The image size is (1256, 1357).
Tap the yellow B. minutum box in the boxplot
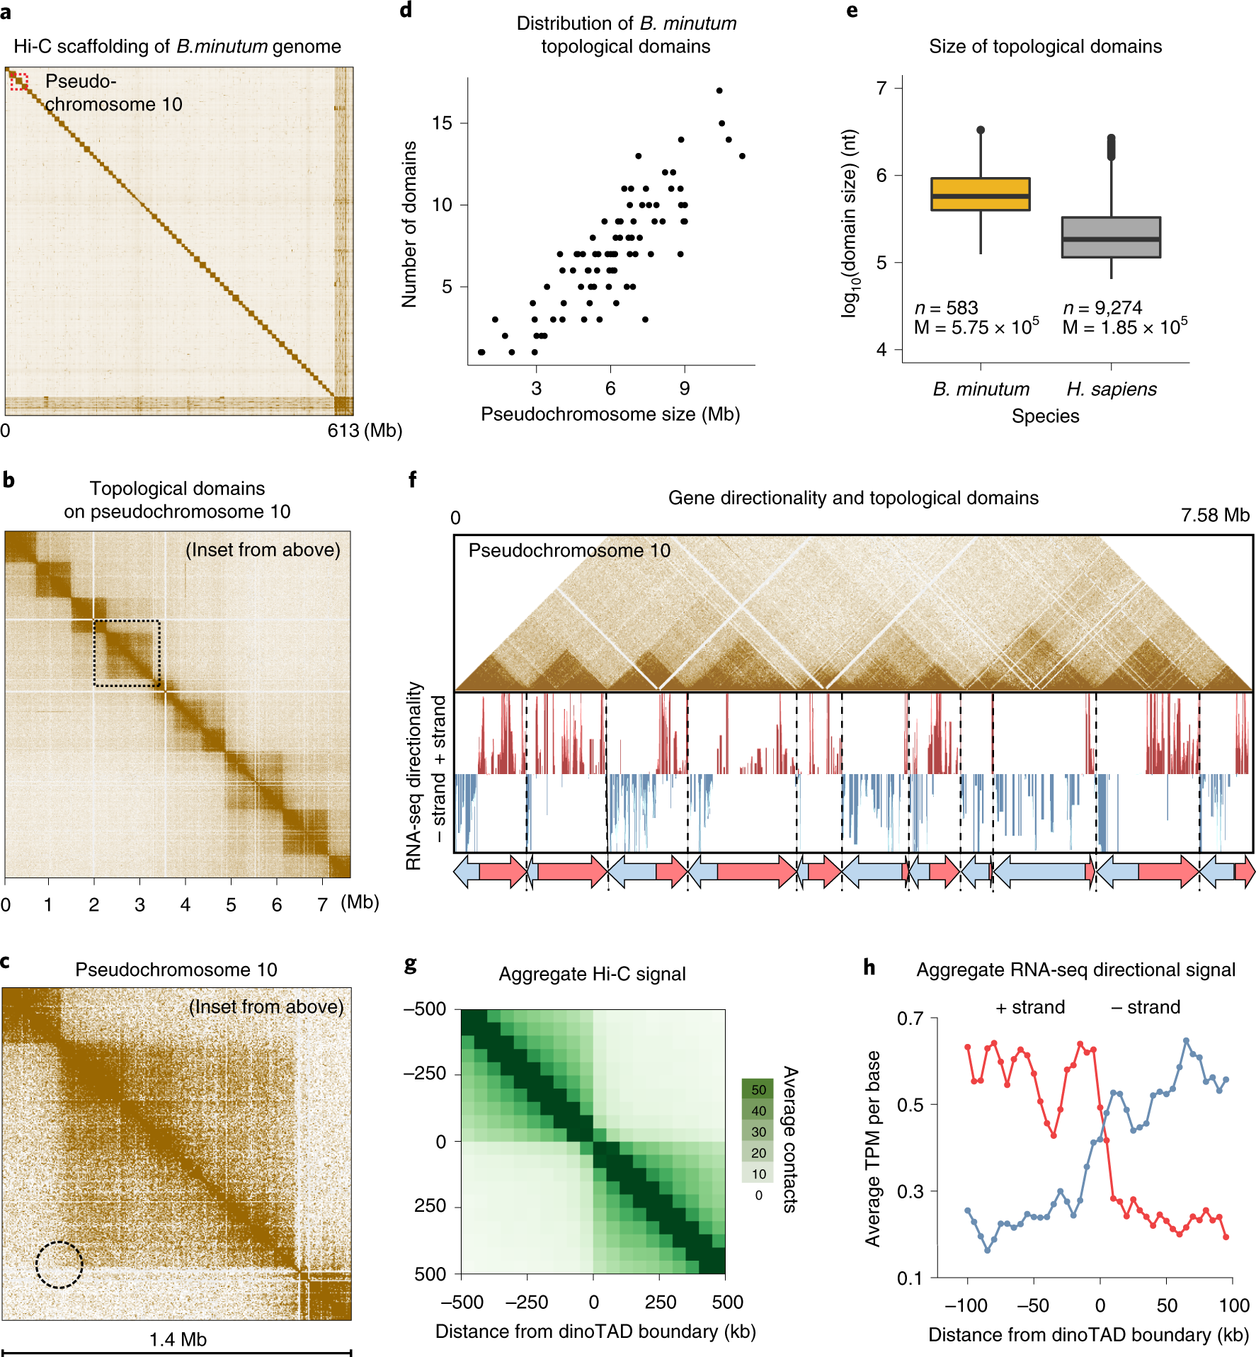(x=980, y=194)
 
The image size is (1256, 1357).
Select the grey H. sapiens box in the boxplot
(x=1111, y=237)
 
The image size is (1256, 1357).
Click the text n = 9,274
(x=1102, y=307)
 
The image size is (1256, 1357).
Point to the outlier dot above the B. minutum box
(x=981, y=130)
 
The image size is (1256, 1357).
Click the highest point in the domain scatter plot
(x=719, y=91)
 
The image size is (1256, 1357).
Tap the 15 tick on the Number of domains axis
(x=442, y=123)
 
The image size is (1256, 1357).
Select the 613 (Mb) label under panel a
(x=365, y=431)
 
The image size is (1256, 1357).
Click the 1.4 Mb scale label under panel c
(x=178, y=1339)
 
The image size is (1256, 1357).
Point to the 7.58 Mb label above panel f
(x=1215, y=516)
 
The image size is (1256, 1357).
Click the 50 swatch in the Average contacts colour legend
(x=758, y=1089)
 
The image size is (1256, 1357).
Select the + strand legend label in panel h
(x=1030, y=1007)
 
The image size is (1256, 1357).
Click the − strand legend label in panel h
(x=1146, y=1007)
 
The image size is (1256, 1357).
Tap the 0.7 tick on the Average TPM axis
(x=910, y=1018)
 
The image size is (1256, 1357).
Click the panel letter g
(x=411, y=965)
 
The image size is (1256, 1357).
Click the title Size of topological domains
(x=1045, y=47)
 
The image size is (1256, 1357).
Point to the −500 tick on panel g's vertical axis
(x=425, y=1009)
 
